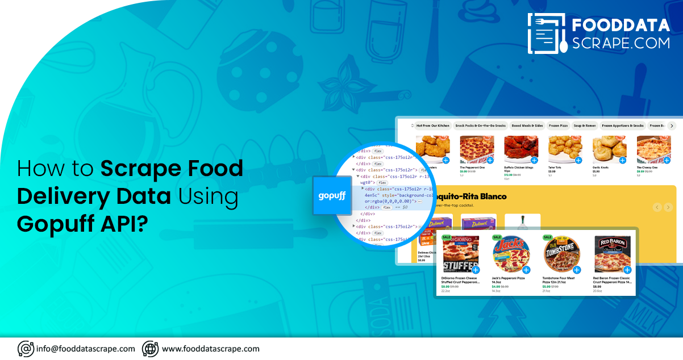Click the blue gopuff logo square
tap(332, 195)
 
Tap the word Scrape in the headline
tap(135, 169)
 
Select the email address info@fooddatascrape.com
tap(86, 349)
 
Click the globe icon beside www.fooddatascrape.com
tap(150, 349)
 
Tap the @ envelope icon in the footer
tap(26, 349)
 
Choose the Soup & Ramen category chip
tap(585, 125)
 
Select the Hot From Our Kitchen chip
tap(432, 125)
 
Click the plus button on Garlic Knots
tap(622, 161)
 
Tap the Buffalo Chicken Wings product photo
tap(520, 149)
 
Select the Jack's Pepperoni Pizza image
tap(511, 254)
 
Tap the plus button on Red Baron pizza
tap(627, 270)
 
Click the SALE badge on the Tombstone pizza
tap(548, 237)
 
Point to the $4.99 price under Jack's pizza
tap(495, 287)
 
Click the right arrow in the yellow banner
tap(668, 208)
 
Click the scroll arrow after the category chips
tap(672, 125)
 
